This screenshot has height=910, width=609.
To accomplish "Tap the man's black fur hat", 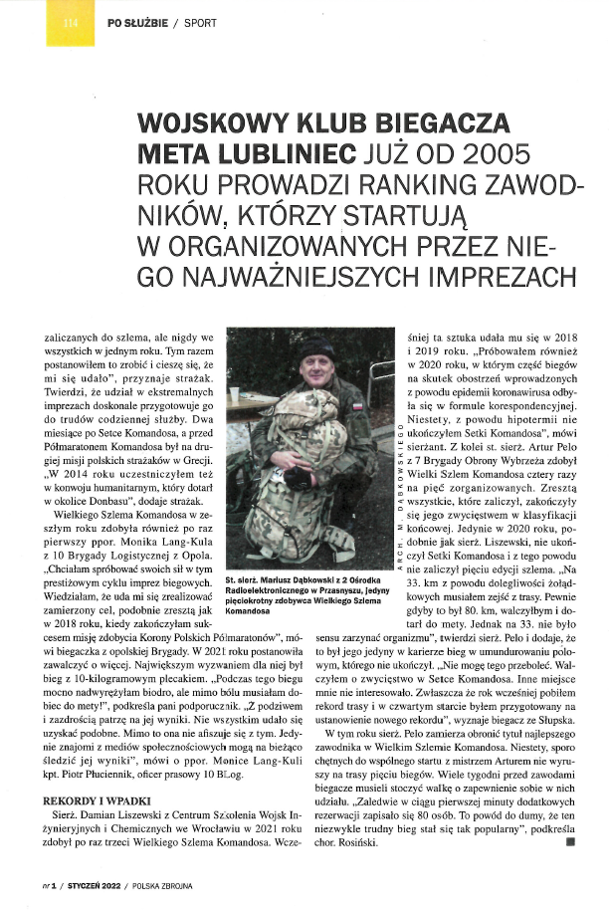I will point(317,347).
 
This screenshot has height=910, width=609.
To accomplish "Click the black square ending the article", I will point(569,841).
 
